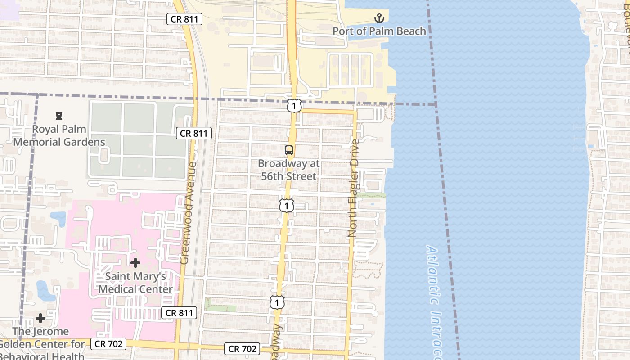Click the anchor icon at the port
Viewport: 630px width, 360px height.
coord(379,18)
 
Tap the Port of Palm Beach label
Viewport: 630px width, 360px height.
coord(379,31)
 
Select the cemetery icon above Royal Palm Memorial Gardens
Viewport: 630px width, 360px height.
coord(59,116)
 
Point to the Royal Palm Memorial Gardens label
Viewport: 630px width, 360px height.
coord(59,135)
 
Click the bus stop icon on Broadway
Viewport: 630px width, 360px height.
coord(289,150)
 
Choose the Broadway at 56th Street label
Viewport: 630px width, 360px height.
coord(289,170)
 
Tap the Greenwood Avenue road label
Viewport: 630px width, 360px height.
coord(188,213)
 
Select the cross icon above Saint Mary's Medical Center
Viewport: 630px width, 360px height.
coord(135,262)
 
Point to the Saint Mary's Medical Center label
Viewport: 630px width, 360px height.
coord(135,283)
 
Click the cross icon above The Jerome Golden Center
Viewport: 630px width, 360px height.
coord(40,318)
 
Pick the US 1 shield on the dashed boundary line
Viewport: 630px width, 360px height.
coord(294,106)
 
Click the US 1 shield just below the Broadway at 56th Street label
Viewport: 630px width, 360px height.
coord(286,205)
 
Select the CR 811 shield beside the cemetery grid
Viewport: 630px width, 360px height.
coord(194,133)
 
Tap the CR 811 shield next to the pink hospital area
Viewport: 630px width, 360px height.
coord(179,313)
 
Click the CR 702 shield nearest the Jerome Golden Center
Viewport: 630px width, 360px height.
coord(108,344)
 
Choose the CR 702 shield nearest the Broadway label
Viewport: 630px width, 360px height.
coord(243,348)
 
